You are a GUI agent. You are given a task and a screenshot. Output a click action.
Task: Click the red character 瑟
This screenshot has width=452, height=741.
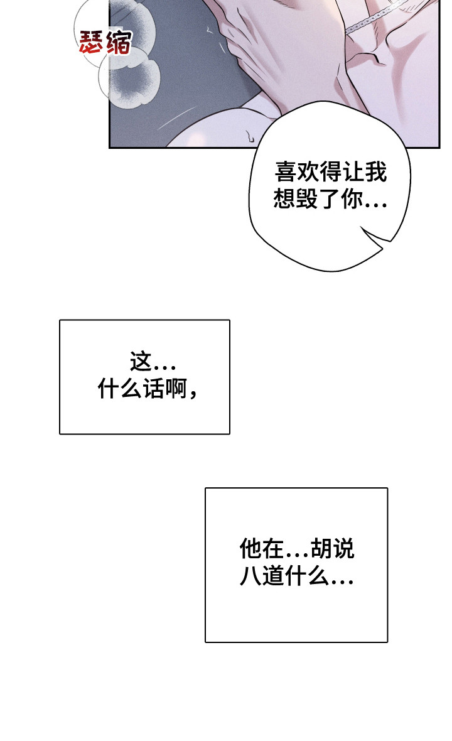92,44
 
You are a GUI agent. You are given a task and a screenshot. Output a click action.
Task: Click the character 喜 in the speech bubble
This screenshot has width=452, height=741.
286,172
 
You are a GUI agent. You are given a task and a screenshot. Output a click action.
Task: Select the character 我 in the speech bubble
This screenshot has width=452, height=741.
376,172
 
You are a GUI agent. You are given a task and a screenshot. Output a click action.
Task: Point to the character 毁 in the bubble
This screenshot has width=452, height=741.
308,200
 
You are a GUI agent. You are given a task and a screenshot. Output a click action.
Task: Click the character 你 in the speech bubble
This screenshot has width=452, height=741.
353,200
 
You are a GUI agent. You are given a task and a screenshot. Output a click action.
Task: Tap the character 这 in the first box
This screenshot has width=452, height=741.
141,362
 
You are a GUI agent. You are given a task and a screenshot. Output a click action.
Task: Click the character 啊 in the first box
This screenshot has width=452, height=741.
176,390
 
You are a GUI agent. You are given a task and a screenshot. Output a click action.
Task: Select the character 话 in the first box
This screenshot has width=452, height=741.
153,390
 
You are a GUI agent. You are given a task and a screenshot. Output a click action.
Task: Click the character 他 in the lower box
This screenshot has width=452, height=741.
250,549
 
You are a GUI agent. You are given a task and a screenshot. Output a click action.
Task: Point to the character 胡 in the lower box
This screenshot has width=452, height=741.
320,549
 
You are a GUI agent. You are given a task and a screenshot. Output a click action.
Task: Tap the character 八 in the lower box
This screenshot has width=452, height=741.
250,576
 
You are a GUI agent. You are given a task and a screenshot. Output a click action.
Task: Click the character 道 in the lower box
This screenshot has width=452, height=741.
274,576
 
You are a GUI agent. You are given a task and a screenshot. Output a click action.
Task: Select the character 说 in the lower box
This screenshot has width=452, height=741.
343,549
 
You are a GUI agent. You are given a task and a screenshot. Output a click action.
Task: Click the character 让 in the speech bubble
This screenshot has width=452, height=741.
353,172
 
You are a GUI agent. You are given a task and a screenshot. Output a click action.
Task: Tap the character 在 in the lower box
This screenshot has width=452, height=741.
274,549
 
